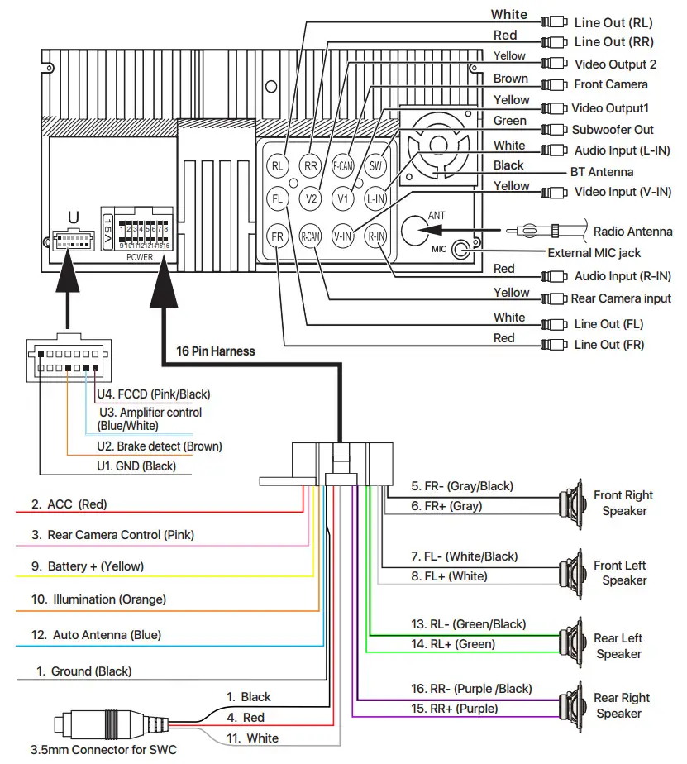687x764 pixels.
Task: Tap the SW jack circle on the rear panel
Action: pos(376,165)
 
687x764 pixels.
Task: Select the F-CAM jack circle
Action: pos(343,165)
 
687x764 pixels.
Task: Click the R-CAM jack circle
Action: pos(310,237)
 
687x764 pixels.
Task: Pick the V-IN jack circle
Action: pos(343,237)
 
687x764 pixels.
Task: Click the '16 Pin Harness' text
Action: pos(215,351)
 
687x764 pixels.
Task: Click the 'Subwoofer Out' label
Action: pos(613,130)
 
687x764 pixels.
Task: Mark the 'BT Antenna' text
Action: pos(602,172)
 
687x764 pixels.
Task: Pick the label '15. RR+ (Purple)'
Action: pos(455,709)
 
